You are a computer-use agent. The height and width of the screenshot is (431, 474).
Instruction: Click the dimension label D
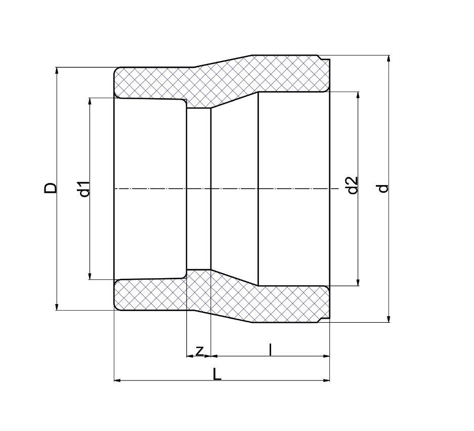pos(51,188)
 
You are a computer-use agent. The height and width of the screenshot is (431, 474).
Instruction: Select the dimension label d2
pos(353,185)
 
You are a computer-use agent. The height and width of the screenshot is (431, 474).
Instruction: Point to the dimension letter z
pos(200,350)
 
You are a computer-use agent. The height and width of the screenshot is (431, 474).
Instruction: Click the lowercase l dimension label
pos(271,349)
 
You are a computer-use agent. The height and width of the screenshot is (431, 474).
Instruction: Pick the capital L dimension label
pos(217,374)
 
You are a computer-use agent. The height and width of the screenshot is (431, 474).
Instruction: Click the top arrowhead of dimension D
pos(57,71)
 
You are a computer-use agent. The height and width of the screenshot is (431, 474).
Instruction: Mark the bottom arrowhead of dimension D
pos(57,306)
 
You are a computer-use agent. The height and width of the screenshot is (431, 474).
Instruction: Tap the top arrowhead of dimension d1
pos(90,102)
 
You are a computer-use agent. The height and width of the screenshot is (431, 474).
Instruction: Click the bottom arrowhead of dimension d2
pos(358,282)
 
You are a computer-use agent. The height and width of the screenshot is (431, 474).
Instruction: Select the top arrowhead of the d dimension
pos(389,59)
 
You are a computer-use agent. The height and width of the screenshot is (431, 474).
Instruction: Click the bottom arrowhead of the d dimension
pos(389,318)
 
